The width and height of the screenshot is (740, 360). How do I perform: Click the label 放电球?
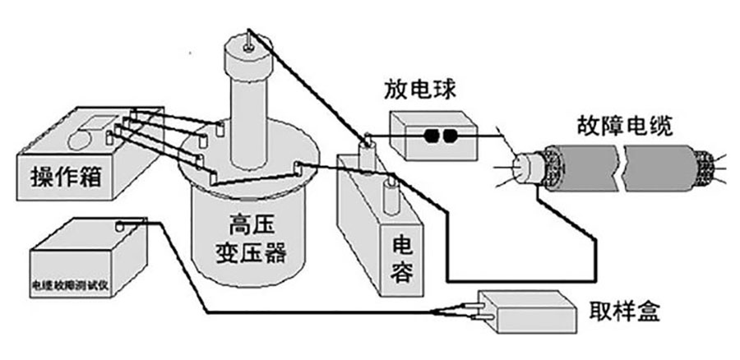point(419,89)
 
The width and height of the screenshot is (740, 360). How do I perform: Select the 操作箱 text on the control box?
point(65,174)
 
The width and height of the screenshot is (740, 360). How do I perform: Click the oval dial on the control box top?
point(90,136)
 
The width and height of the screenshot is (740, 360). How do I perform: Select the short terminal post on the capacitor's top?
point(391,196)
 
